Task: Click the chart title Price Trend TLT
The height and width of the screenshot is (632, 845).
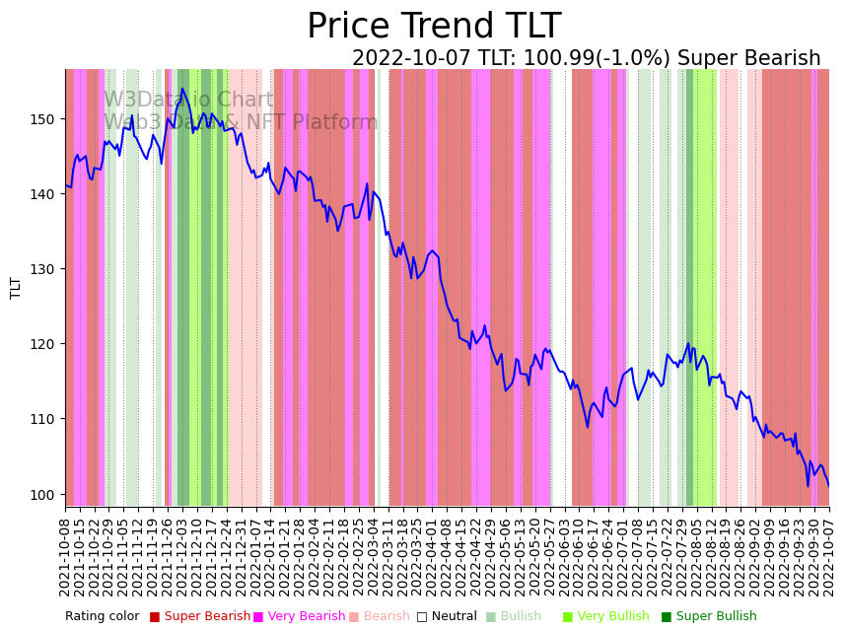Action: tap(434, 27)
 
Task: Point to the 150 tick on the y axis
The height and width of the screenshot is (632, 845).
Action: tap(45, 119)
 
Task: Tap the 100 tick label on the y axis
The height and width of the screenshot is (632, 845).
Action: tap(45, 494)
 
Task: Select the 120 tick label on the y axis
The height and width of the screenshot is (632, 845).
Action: tap(45, 344)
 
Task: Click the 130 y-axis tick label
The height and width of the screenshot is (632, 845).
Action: tap(45, 269)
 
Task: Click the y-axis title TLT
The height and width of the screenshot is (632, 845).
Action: tap(16, 288)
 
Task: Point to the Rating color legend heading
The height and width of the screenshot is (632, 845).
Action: tap(103, 617)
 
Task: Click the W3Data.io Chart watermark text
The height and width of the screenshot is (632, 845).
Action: tap(188, 101)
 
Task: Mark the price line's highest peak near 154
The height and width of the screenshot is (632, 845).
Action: tap(182, 89)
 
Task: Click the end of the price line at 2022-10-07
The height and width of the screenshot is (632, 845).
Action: tap(828, 485)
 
